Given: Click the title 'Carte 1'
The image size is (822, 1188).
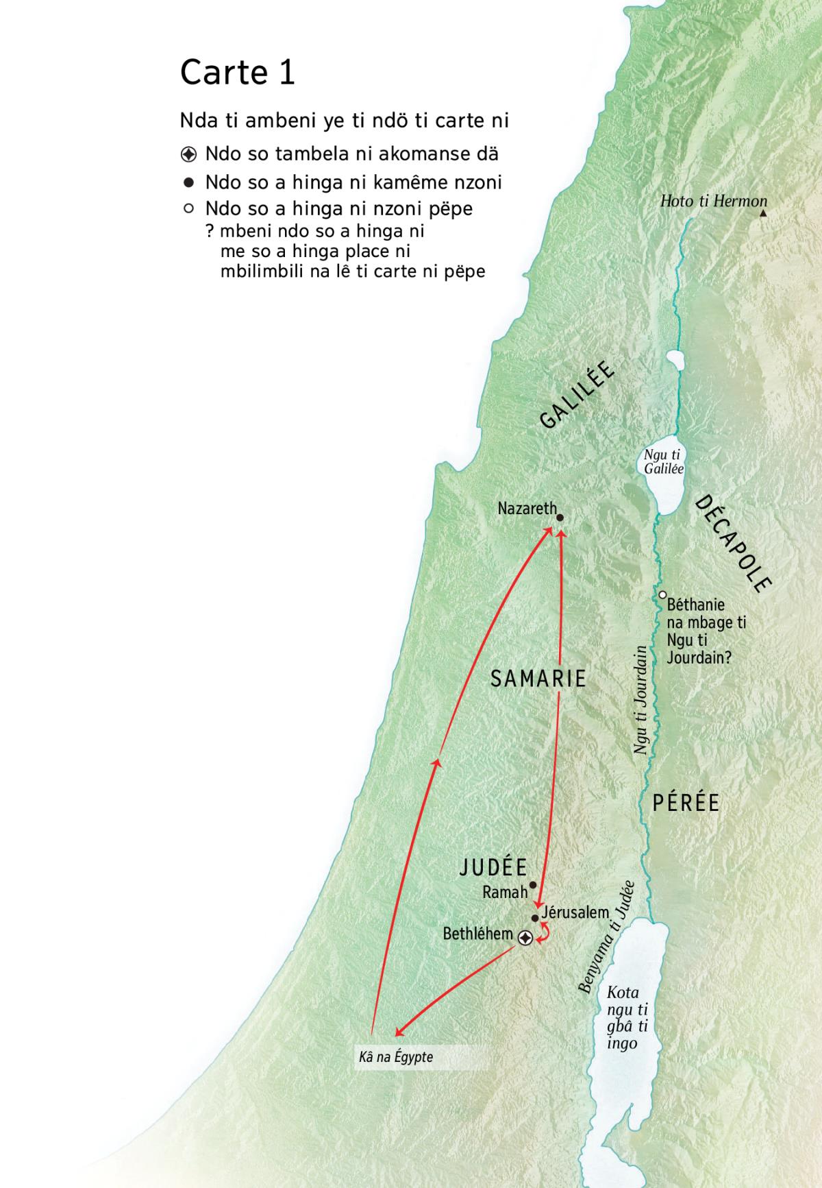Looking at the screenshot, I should point(237,73).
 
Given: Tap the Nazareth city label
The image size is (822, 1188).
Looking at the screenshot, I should point(527,509).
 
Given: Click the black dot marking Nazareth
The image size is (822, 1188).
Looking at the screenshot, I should point(560,518).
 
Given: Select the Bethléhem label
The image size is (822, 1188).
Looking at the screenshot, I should point(477,934).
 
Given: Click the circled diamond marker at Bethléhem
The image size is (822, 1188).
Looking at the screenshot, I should point(525,938).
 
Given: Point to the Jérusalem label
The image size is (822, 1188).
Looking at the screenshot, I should point(575,912).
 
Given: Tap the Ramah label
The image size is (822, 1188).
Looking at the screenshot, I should point(505,892).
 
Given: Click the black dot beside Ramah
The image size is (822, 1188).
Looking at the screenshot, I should point(533,884).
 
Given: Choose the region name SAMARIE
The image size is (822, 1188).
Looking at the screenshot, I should point(538,679).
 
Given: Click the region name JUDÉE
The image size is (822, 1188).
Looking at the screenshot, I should point(493,868).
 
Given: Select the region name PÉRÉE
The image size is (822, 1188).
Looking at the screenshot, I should point(686,803).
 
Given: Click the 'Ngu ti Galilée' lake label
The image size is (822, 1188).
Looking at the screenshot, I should point(663,462).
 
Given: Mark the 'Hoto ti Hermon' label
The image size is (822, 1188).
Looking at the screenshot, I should point(713,201).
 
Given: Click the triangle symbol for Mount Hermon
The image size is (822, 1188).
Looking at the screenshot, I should point(763,213).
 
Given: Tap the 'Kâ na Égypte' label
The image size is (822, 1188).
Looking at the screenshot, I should point(396,1057).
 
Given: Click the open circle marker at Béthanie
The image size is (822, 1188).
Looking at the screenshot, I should point(662,594).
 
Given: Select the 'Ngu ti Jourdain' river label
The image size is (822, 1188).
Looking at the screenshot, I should point(640,699).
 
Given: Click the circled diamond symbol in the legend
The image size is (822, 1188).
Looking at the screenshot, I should point(189,154).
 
